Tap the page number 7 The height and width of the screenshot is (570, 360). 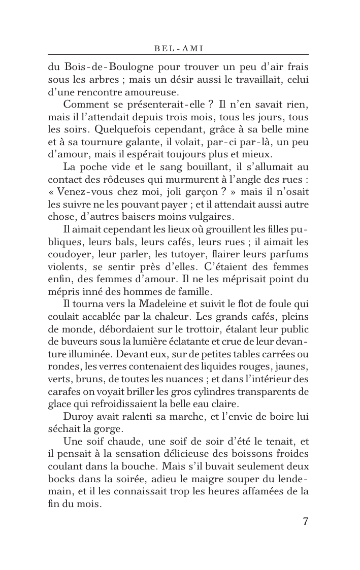[305, 521]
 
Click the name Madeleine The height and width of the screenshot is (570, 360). [149, 304]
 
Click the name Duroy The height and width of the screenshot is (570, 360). [78, 416]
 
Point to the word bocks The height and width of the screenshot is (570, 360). [60, 478]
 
